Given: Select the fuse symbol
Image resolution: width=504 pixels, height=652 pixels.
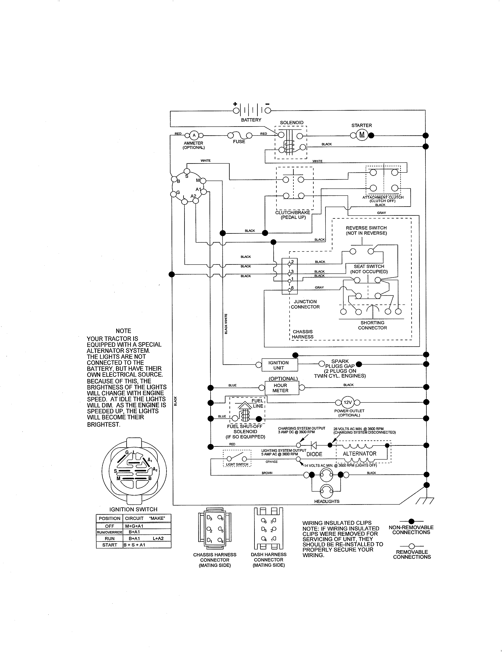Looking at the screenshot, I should (240, 135).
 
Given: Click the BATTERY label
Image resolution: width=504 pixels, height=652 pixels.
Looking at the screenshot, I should (251, 120).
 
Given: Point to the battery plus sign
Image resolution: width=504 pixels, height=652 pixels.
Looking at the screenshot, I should (235, 104).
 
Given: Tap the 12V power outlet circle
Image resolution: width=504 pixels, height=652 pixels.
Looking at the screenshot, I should (347, 402).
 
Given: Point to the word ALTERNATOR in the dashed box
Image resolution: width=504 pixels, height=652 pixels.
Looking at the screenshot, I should (360, 453).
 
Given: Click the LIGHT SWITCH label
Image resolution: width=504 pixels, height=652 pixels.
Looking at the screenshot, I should (237, 464).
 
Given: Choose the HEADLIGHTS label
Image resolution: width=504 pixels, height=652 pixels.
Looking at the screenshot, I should (327, 501).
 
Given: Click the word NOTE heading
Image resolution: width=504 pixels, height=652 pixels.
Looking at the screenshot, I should (123, 331).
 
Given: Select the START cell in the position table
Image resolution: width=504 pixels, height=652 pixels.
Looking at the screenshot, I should (109, 545).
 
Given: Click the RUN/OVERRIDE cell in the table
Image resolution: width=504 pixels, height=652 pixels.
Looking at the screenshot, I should (109, 532).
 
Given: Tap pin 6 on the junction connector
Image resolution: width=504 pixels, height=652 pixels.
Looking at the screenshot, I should (290, 290).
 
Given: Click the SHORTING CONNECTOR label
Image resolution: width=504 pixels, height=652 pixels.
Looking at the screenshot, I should (372, 325).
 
